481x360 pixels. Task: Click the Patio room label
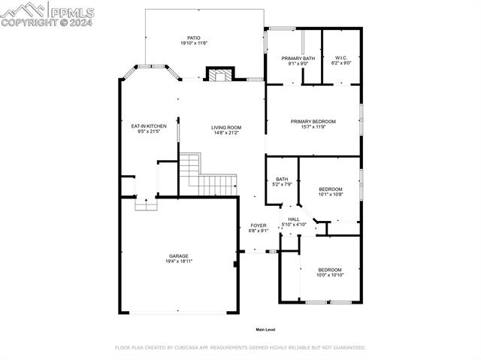coord(194,38)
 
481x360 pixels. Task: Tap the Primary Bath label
coord(298,58)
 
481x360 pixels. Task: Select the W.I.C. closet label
coord(341,58)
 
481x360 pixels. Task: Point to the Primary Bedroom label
coord(313,121)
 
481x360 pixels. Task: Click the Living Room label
coord(225,127)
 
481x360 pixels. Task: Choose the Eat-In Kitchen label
coord(148,126)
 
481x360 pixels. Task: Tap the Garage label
coord(178,256)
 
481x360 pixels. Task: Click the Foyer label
coord(259,225)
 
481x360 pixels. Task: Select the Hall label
coord(294,219)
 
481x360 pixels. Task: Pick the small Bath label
coord(282,179)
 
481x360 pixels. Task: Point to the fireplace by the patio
coord(220,74)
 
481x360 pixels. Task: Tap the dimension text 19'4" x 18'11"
coord(178,262)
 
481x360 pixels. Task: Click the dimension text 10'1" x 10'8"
coord(331,195)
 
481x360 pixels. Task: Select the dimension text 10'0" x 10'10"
coord(329,275)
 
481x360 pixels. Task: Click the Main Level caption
coord(265,329)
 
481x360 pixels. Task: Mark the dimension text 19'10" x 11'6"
coord(194,44)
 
